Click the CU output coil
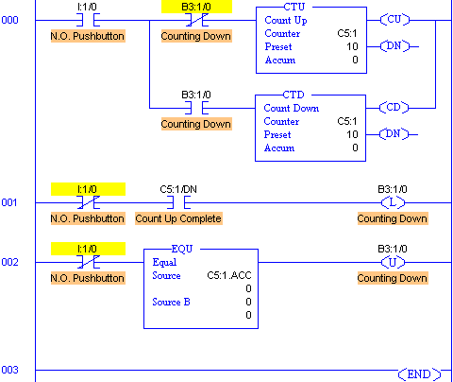[x=394, y=20]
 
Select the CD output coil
[x=394, y=108]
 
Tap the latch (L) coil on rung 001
[x=393, y=202]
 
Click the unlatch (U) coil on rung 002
[x=393, y=262]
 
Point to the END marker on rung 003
[x=419, y=374]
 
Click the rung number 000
[x=9, y=20]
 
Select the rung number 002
[x=9, y=262]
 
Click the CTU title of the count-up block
[x=294, y=7]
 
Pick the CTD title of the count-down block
[x=294, y=95]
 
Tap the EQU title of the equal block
[x=182, y=249]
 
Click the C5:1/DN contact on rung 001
[x=178, y=202]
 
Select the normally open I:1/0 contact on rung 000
[x=89, y=20]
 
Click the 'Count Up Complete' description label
[x=178, y=218]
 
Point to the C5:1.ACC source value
[x=229, y=275]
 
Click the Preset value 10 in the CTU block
[x=352, y=46]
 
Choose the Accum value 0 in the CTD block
[x=355, y=148]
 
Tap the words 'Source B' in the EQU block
[x=171, y=302]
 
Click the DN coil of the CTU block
[x=394, y=46]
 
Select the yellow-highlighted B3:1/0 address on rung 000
[x=196, y=7]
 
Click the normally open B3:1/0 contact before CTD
[x=196, y=108]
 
